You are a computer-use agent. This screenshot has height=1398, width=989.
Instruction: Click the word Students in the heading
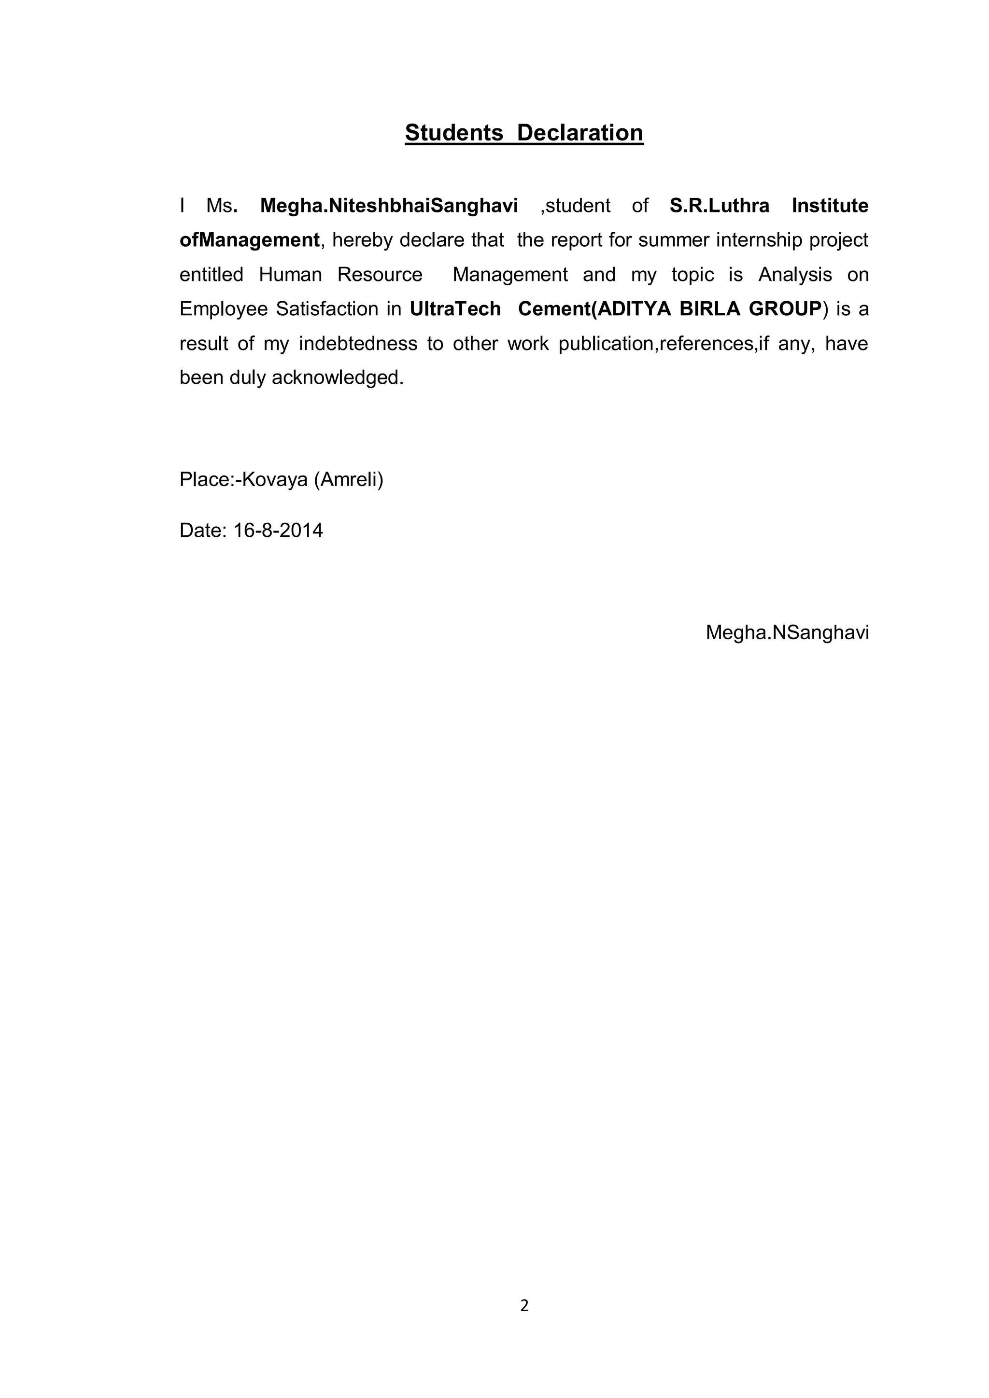point(454,133)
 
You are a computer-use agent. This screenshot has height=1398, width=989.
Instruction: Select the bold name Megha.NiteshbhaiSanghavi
point(389,206)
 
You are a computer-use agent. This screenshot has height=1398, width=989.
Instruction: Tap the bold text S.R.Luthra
point(719,206)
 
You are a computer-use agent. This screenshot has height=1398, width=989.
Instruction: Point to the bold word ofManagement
point(249,240)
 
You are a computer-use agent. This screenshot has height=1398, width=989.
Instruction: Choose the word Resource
point(380,275)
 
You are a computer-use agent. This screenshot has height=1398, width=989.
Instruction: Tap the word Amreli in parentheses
point(348,480)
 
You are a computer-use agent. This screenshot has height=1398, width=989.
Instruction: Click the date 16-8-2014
point(278,531)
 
